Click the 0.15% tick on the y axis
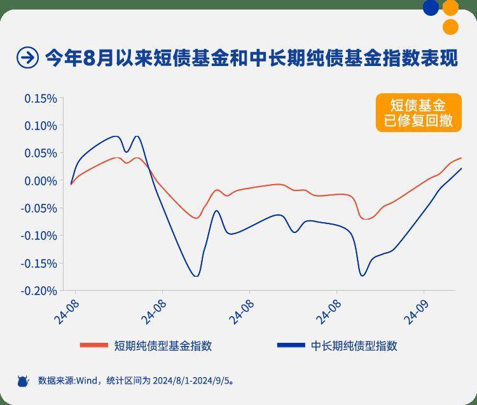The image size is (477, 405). (x=41, y=98)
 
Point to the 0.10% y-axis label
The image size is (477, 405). (x=41, y=126)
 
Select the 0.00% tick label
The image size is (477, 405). (x=41, y=181)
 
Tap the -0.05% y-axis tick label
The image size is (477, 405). (x=39, y=208)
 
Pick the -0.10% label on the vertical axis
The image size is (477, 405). (x=39, y=236)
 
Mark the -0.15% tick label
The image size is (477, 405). (x=39, y=263)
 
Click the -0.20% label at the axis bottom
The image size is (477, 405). (x=39, y=290)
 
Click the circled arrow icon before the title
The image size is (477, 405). (x=27, y=58)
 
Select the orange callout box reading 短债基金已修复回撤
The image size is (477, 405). (x=418, y=113)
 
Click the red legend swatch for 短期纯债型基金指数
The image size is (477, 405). (x=93, y=345)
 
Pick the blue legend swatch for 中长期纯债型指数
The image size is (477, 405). (x=291, y=345)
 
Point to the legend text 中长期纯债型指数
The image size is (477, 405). (x=354, y=345)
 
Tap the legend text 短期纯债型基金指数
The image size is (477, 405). (x=163, y=345)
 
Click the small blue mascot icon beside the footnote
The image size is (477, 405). (x=23, y=381)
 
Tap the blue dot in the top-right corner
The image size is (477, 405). (x=431, y=8)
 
